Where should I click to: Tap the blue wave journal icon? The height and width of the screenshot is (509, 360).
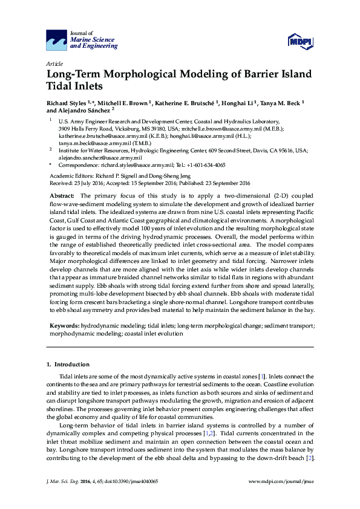click(x=57, y=40)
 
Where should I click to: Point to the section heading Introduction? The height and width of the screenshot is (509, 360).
click(x=72, y=365)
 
